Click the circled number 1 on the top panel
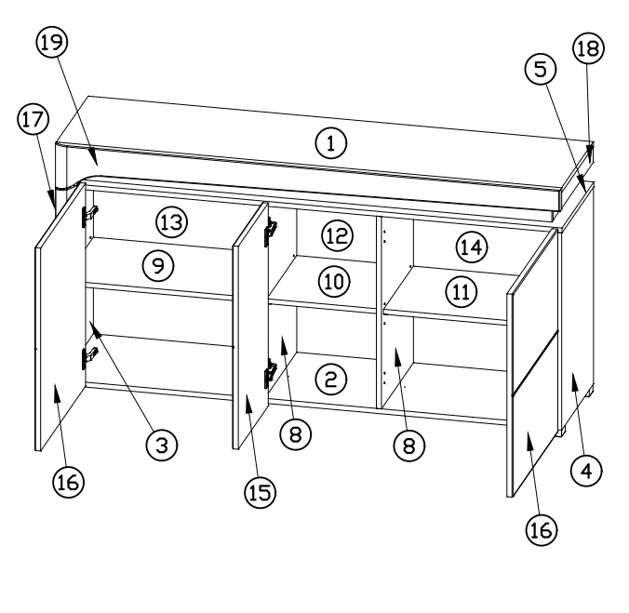[x=331, y=143]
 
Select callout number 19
[x=52, y=42]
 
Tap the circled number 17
[x=33, y=119]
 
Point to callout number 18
[x=588, y=48]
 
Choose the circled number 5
[x=541, y=70]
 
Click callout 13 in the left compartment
[x=172, y=222]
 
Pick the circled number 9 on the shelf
[x=158, y=266]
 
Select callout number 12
[x=338, y=235]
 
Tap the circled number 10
[x=334, y=282]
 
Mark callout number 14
[x=472, y=247]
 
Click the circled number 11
[x=462, y=292]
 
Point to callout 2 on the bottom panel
[x=331, y=380]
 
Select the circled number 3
[x=162, y=445]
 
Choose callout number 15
[x=260, y=492]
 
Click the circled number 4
[x=586, y=471]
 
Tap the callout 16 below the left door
[x=68, y=482]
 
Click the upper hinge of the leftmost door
[x=90, y=215]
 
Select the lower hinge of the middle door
[x=271, y=373]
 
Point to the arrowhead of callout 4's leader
[x=575, y=381]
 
